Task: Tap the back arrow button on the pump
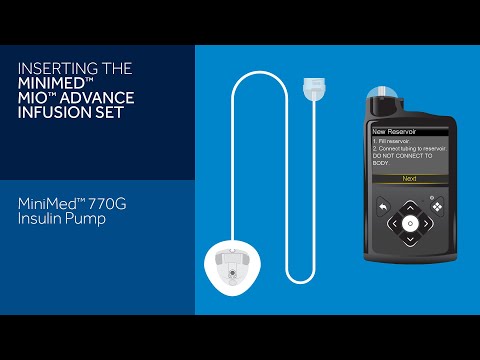381,207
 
